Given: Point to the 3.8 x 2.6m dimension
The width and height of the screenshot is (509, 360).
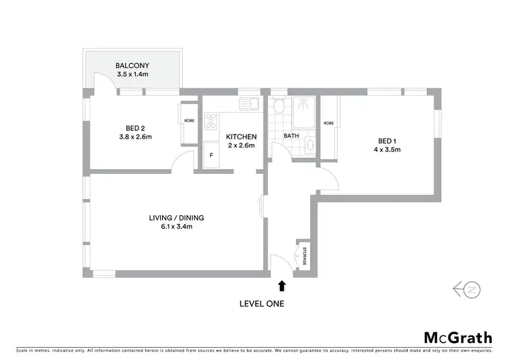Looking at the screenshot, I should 134,137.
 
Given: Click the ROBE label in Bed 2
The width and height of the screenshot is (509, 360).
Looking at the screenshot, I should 189,121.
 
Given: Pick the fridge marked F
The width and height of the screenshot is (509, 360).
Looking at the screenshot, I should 211,156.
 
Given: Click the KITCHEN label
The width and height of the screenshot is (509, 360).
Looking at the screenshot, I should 241,137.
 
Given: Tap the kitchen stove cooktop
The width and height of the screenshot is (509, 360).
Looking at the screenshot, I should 211,122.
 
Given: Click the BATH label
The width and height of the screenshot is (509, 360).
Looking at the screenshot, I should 291,136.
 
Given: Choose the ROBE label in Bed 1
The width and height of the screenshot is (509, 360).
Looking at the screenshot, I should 328,123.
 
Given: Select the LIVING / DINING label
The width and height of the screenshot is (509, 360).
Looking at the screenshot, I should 176,217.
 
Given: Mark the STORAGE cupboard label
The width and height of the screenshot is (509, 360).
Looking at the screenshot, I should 305,256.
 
